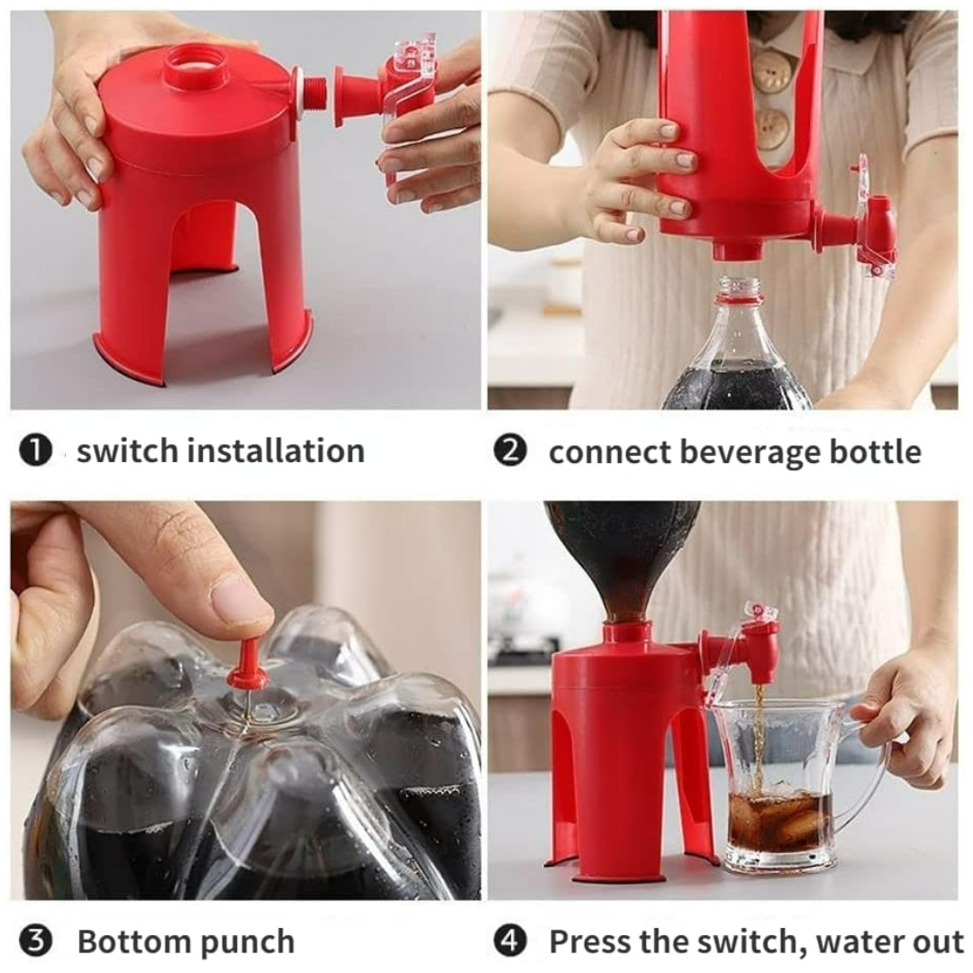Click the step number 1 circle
point(35,450)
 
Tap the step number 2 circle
point(510,450)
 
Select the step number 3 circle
point(35,942)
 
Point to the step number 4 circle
point(510,942)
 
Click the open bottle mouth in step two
point(738,287)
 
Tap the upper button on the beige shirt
point(772,73)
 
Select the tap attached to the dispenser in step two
point(865,225)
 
